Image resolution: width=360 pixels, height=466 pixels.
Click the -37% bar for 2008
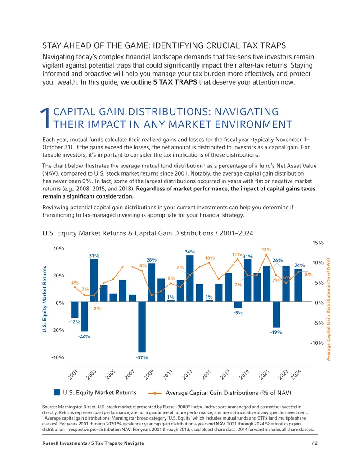(142, 326)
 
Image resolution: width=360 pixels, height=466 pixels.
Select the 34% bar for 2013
(190, 278)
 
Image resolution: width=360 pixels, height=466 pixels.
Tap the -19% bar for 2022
(276, 314)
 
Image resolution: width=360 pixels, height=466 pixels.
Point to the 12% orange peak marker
(266, 255)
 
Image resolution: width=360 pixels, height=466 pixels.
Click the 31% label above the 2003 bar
(94, 256)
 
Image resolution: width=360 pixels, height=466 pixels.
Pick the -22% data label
(84, 336)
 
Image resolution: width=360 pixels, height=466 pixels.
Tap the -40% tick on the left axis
(58, 357)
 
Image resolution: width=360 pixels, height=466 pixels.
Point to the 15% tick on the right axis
(318, 243)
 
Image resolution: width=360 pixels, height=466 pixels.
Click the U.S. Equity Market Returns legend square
(57, 392)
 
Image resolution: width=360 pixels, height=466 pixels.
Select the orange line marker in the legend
(155, 393)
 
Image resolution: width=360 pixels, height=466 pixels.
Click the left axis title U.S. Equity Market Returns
(45, 299)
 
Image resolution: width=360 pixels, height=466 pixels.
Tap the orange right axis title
(328, 309)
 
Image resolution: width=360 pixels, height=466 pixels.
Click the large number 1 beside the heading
(45, 118)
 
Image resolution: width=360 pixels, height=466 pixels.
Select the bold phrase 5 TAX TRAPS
(175, 82)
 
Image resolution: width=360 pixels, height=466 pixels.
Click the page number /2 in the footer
(315, 443)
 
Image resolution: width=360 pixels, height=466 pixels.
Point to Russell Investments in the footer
(65, 443)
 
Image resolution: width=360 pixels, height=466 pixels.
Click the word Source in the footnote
(49, 407)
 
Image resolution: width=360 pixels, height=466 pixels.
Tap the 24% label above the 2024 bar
(299, 265)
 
